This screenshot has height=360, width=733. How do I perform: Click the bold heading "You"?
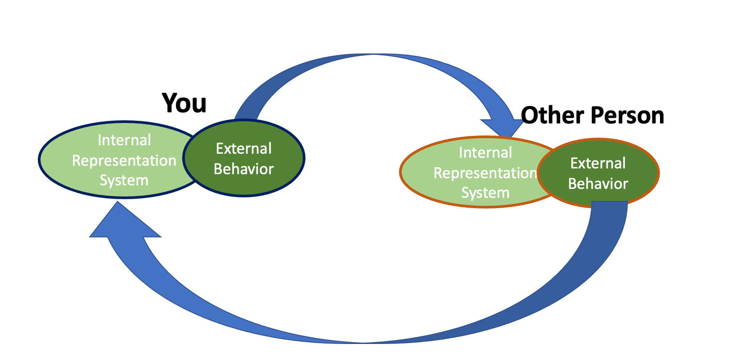coord(184,103)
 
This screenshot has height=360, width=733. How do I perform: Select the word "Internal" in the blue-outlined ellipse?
coord(124,140)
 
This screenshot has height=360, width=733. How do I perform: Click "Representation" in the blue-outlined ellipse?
coord(124,161)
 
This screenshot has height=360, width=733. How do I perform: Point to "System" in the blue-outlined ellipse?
coord(124,180)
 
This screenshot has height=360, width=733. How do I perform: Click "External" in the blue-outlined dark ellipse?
coord(244,148)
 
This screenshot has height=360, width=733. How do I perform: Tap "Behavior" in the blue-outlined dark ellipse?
coord(244,169)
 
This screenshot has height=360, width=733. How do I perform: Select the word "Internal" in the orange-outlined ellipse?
coord(485,152)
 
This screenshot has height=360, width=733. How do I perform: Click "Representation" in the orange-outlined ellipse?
coord(485,173)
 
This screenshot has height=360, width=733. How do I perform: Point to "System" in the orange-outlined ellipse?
coord(485,193)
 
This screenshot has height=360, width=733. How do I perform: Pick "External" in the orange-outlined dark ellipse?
coord(598,164)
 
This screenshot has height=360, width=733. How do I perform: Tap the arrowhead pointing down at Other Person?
coord(503,127)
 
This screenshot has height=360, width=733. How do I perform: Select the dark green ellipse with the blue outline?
coord(244,158)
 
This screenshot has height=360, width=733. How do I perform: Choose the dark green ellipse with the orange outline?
coord(598,172)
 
